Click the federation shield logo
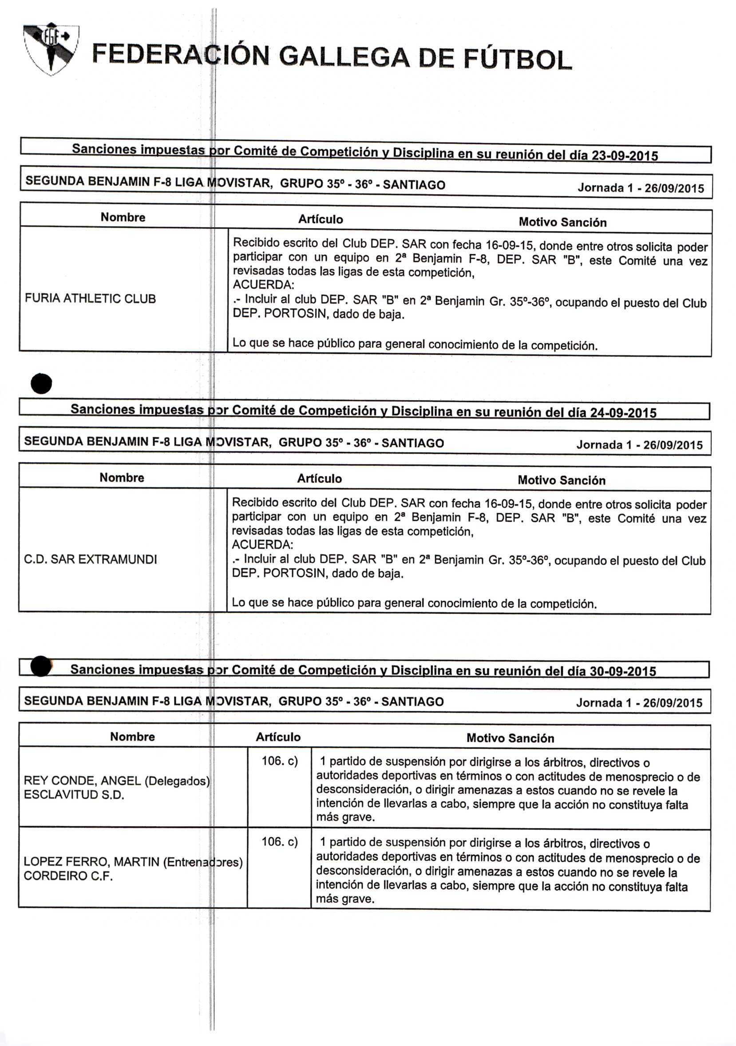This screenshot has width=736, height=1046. click(51, 49)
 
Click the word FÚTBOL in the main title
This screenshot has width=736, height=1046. click(518, 59)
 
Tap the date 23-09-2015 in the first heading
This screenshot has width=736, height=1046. click(625, 156)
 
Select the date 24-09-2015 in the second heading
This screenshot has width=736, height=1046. click(623, 413)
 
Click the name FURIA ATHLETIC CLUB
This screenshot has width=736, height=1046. click(90, 299)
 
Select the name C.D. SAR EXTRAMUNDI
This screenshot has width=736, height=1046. click(90, 559)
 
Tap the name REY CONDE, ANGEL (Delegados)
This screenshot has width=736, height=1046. click(117, 781)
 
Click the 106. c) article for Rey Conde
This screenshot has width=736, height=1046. click(279, 761)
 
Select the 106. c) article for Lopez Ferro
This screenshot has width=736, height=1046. click(279, 841)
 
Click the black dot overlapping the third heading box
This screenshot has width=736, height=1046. click(41, 666)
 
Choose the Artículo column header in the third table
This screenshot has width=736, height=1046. click(278, 737)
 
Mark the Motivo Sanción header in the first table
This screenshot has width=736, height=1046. click(562, 222)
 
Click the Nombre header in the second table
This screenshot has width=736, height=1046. click(122, 477)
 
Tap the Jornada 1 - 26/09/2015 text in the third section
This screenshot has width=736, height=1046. click(639, 702)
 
